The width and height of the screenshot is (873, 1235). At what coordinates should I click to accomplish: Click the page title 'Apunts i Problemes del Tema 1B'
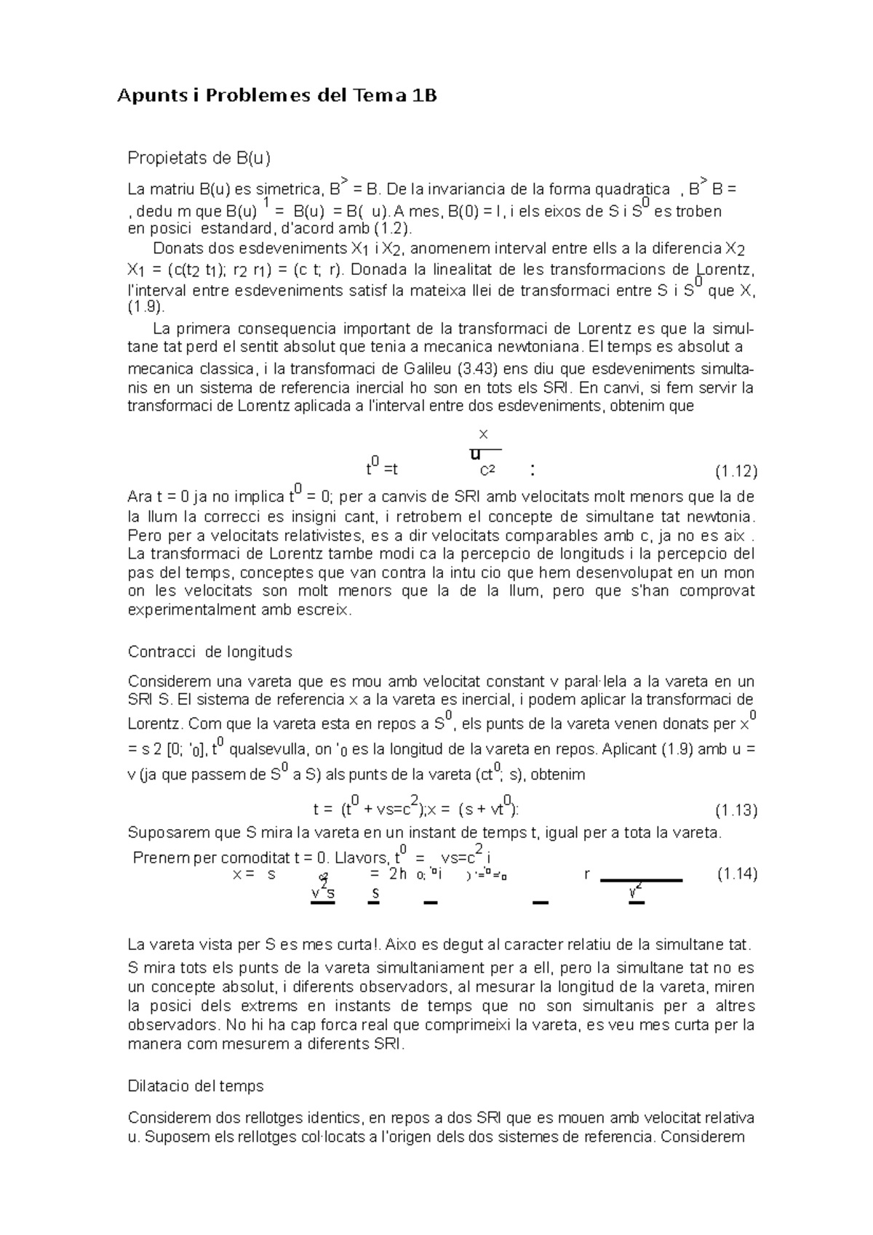point(277,96)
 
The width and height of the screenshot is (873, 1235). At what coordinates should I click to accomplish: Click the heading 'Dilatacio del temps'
point(195,1086)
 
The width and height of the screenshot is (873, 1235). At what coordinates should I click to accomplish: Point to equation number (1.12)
point(736,472)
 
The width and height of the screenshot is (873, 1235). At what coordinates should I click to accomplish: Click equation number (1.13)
point(736,810)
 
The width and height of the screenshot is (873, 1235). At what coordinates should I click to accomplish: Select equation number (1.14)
point(737,874)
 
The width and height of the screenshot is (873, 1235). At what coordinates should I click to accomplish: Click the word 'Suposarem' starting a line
point(161,832)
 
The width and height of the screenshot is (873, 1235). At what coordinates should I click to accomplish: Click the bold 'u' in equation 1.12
point(475,455)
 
